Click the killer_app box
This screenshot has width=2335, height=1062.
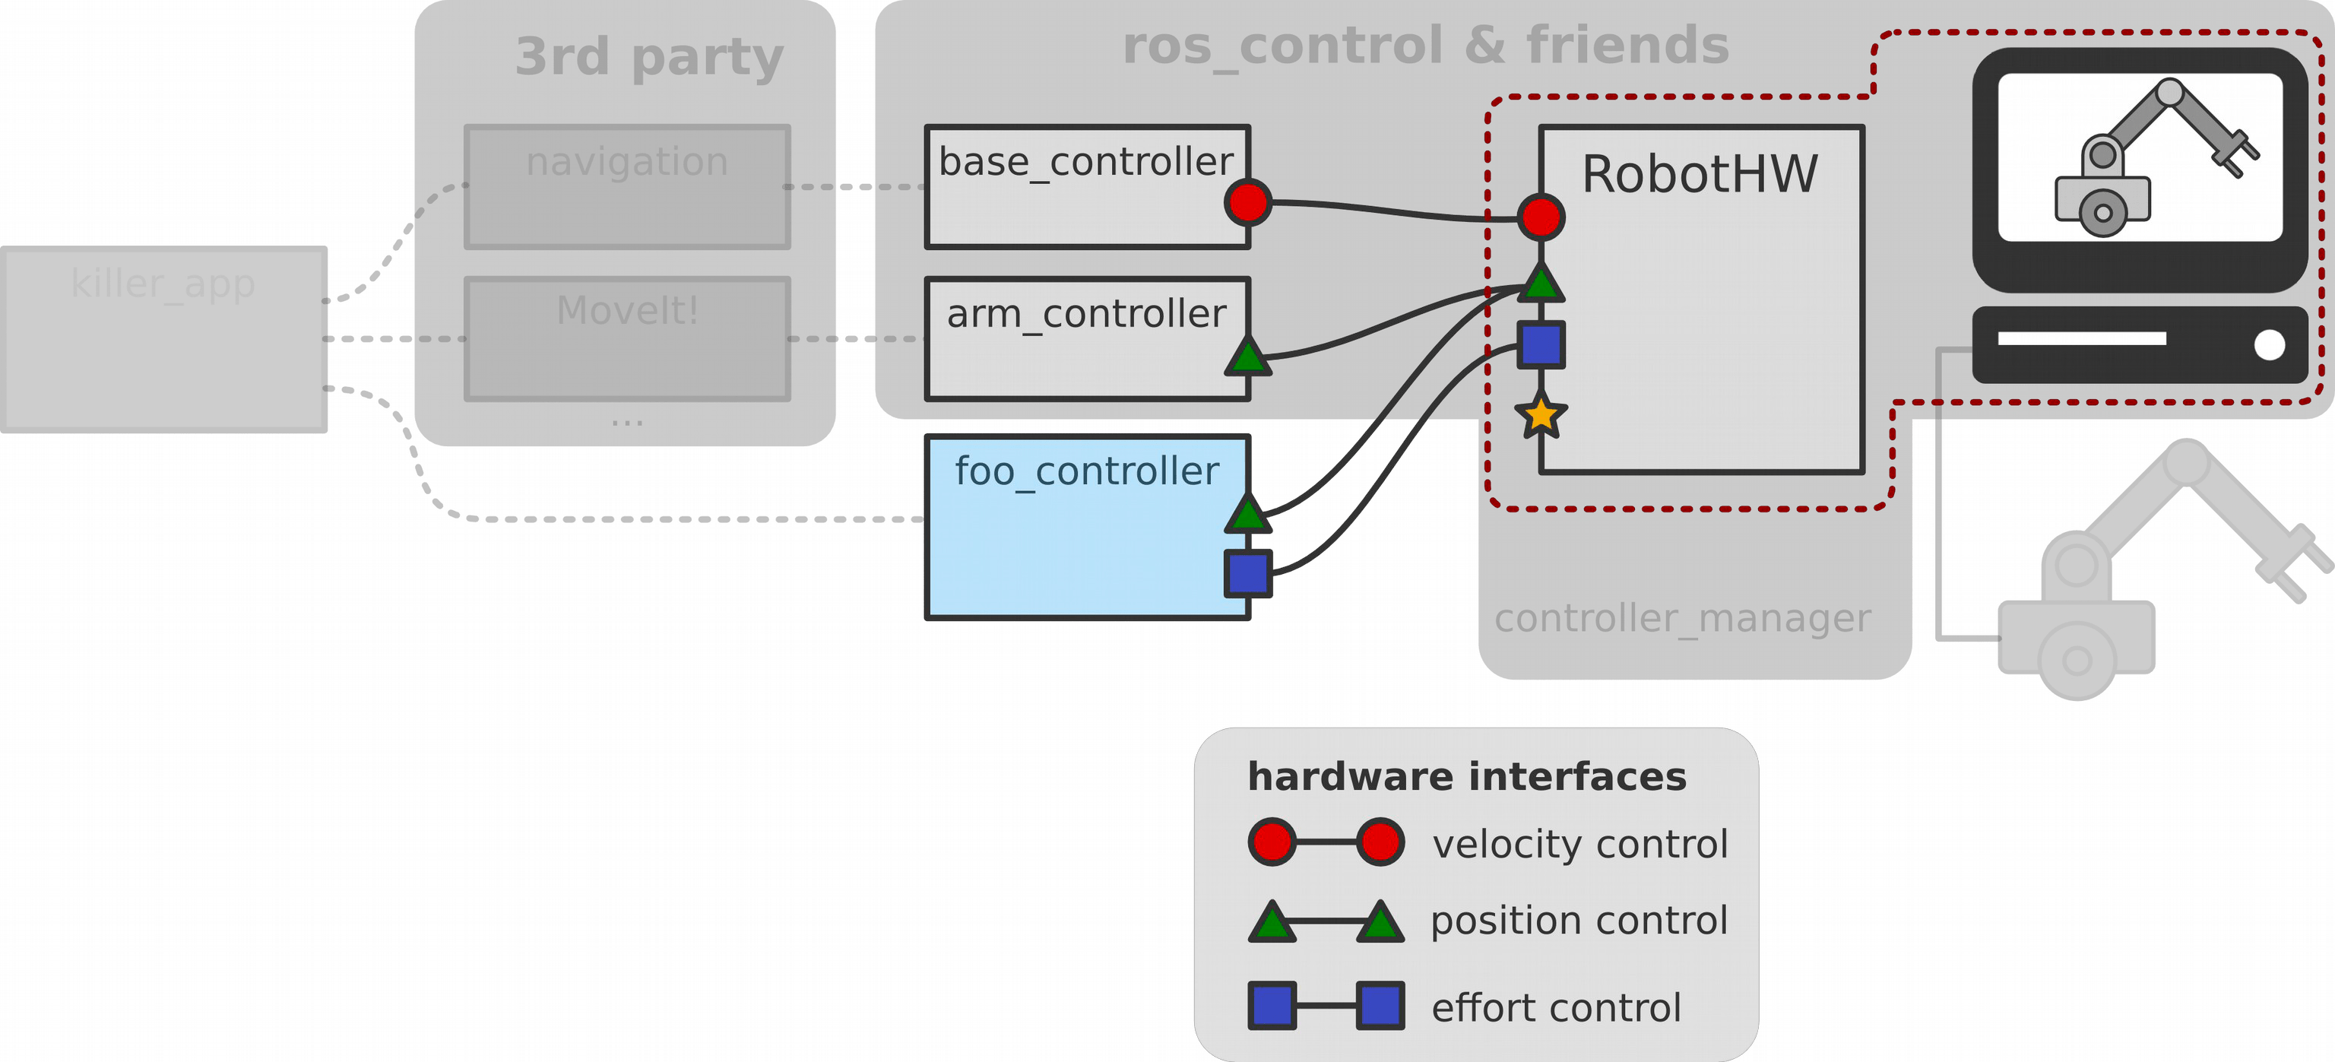pyautogui.click(x=163, y=339)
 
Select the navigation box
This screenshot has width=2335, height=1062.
pyautogui.click(x=626, y=187)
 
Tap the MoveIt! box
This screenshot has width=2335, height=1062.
pyautogui.click(x=626, y=338)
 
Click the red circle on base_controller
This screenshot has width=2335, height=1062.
pyautogui.click(x=1247, y=202)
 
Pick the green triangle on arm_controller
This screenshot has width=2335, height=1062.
pyautogui.click(x=1247, y=358)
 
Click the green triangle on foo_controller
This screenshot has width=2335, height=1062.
pyautogui.click(x=1247, y=516)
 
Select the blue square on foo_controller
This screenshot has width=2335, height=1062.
pyautogui.click(x=1247, y=573)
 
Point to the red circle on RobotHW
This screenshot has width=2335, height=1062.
pyautogui.click(x=1541, y=217)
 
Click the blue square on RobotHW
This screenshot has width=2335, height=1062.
pyautogui.click(x=1541, y=344)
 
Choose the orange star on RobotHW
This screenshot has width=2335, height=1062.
pyautogui.click(x=1541, y=415)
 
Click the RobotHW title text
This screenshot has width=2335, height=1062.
pyautogui.click(x=1700, y=174)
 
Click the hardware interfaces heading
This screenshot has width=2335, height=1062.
pyautogui.click(x=1467, y=777)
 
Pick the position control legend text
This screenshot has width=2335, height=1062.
pyautogui.click(x=1579, y=921)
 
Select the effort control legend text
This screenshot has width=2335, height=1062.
pyautogui.click(x=1555, y=1007)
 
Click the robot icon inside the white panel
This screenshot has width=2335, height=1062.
pyautogui.click(x=2139, y=159)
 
